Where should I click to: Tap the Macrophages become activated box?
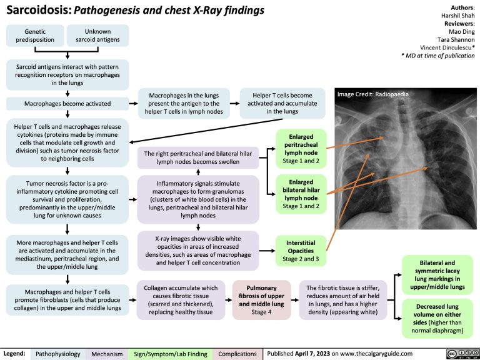[67, 103]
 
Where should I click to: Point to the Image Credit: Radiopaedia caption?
[372, 94]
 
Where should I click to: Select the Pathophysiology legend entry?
[57, 353]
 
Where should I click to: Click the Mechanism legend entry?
[107, 353]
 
